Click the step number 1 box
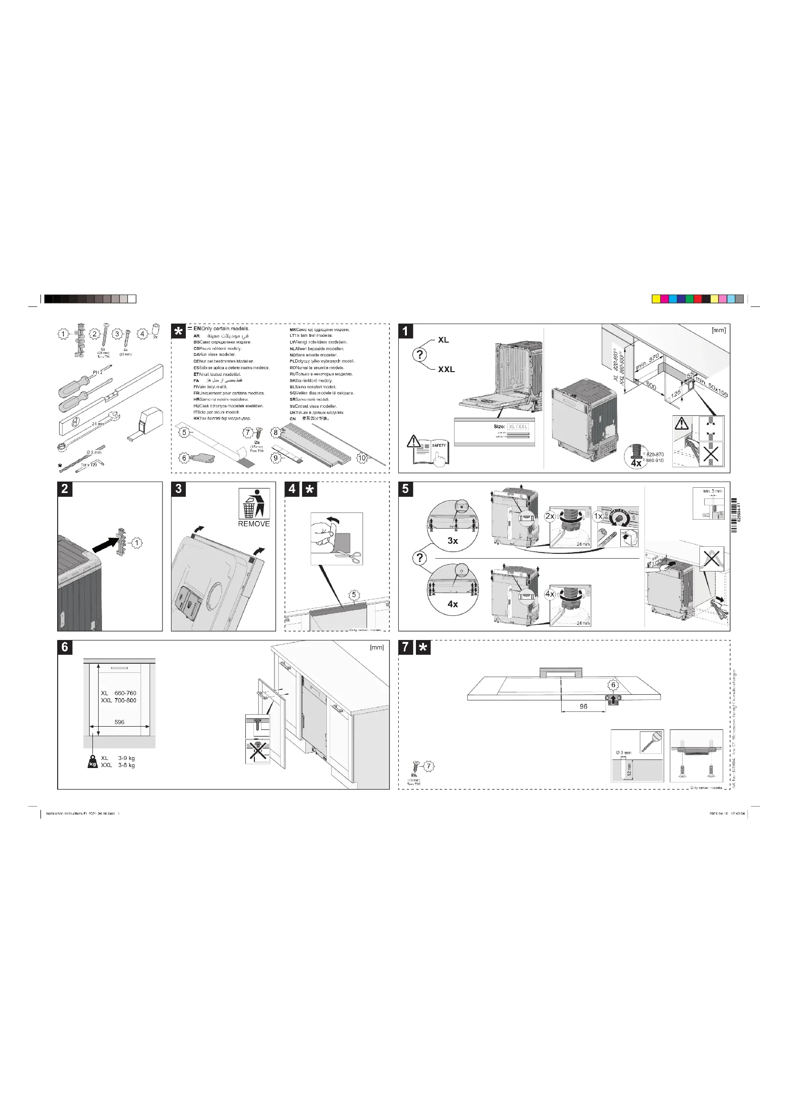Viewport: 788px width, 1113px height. (x=405, y=331)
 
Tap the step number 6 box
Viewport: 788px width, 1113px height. (x=64, y=647)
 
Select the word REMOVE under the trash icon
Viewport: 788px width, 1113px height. (x=254, y=524)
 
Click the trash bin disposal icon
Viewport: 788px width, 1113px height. (x=254, y=504)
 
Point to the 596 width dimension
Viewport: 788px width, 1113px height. (x=120, y=722)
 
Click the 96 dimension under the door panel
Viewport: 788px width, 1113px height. (x=583, y=706)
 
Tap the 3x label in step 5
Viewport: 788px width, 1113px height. (x=452, y=541)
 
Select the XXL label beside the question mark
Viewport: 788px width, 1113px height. (x=446, y=369)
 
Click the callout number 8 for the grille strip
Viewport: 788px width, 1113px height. (x=275, y=433)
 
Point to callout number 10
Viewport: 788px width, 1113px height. (x=362, y=458)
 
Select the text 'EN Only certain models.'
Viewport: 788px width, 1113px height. (x=221, y=329)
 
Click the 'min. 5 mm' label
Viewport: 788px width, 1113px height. (x=712, y=491)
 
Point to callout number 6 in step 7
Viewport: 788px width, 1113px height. (x=613, y=685)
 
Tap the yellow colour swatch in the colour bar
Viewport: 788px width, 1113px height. (x=656, y=299)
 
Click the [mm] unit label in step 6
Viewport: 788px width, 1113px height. (x=376, y=647)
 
